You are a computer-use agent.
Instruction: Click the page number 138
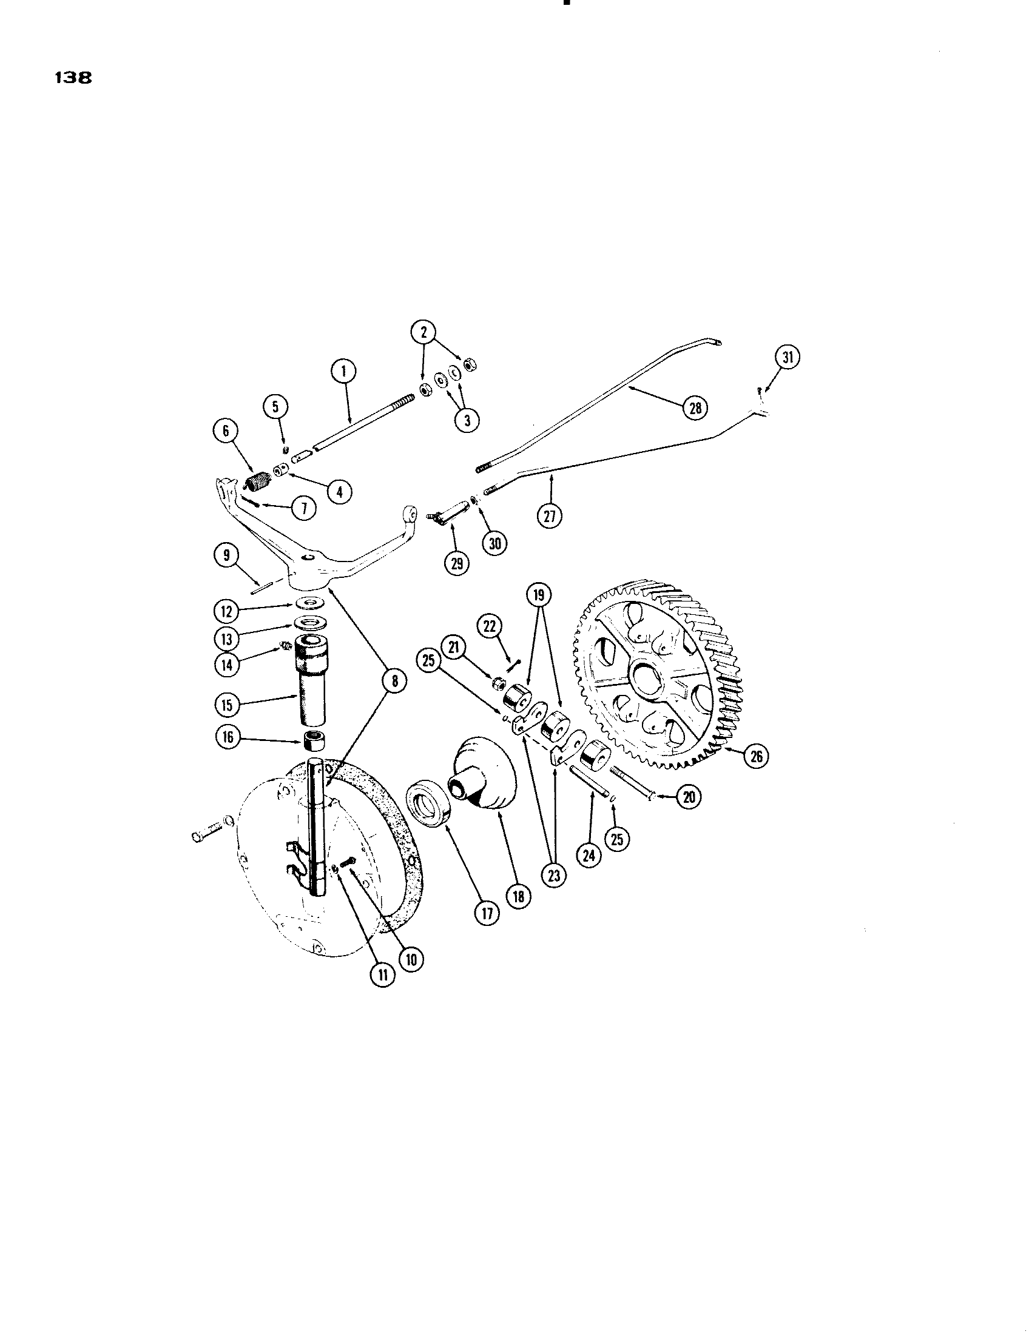click(73, 78)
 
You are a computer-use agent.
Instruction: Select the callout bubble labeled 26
click(756, 757)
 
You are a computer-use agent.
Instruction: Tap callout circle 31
click(788, 358)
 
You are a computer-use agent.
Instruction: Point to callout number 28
click(695, 407)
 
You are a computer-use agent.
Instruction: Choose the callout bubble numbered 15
click(228, 705)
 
